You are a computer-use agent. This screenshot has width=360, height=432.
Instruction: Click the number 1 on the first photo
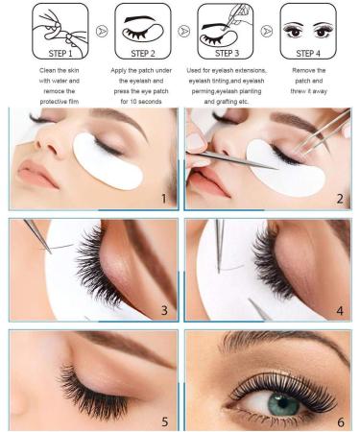[164, 199]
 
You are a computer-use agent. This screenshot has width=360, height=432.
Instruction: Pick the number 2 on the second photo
[340, 199]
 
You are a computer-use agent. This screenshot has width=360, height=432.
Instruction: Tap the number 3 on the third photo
[164, 309]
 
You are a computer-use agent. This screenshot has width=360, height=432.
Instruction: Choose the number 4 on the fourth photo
[340, 309]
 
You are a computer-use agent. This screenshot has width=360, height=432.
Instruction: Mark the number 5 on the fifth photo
[164, 420]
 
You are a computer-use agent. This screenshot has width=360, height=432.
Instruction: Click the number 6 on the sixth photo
[340, 420]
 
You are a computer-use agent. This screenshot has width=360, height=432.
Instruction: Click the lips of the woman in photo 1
[35, 176]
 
